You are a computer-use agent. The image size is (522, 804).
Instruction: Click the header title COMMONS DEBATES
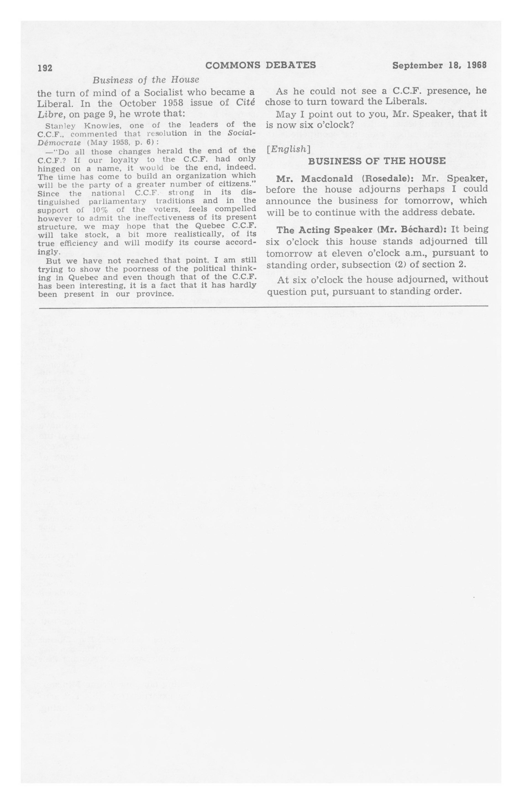coord(260,65)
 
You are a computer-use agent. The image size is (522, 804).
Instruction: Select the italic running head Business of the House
coord(146,80)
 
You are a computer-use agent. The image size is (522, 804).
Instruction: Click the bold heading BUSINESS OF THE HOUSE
coord(377,161)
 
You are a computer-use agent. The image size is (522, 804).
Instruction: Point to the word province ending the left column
coord(155,294)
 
